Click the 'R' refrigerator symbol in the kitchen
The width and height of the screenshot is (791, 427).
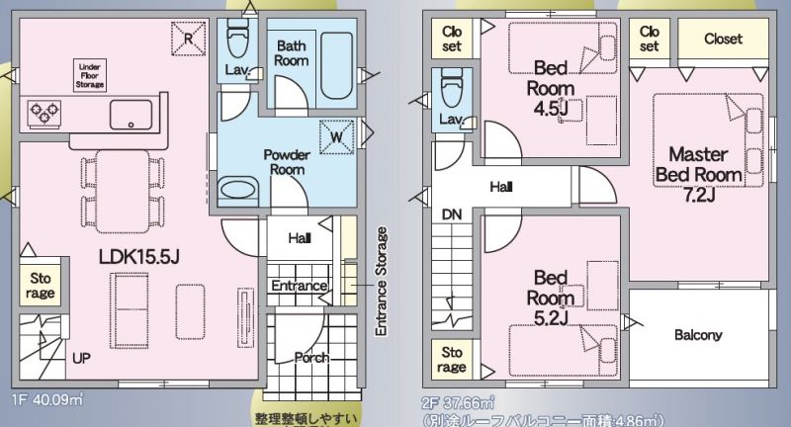[188, 39]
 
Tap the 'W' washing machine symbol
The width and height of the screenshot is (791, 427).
[336, 136]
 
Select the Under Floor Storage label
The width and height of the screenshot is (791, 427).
[90, 76]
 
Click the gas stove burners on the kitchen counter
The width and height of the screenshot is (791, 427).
[44, 112]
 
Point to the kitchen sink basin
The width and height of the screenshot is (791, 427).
[132, 115]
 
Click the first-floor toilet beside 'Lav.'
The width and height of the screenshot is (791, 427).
[237, 38]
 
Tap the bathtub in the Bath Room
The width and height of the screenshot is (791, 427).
[336, 66]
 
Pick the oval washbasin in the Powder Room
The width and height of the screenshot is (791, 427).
[238, 191]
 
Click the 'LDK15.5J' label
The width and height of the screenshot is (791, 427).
[139, 257]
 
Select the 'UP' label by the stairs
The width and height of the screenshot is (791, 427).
[81, 359]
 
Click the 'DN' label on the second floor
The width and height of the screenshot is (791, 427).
[452, 214]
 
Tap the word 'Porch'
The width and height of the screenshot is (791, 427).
[311, 358]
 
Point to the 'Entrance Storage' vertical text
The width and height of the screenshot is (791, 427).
[382, 282]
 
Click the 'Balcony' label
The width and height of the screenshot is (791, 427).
[698, 335]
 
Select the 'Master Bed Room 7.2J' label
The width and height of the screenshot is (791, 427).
[699, 174]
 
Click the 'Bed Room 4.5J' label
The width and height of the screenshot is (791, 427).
[551, 88]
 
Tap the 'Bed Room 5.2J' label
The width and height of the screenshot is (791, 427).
[551, 298]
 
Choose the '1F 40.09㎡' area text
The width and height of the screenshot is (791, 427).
[47, 400]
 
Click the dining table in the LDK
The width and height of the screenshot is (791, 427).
[123, 192]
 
